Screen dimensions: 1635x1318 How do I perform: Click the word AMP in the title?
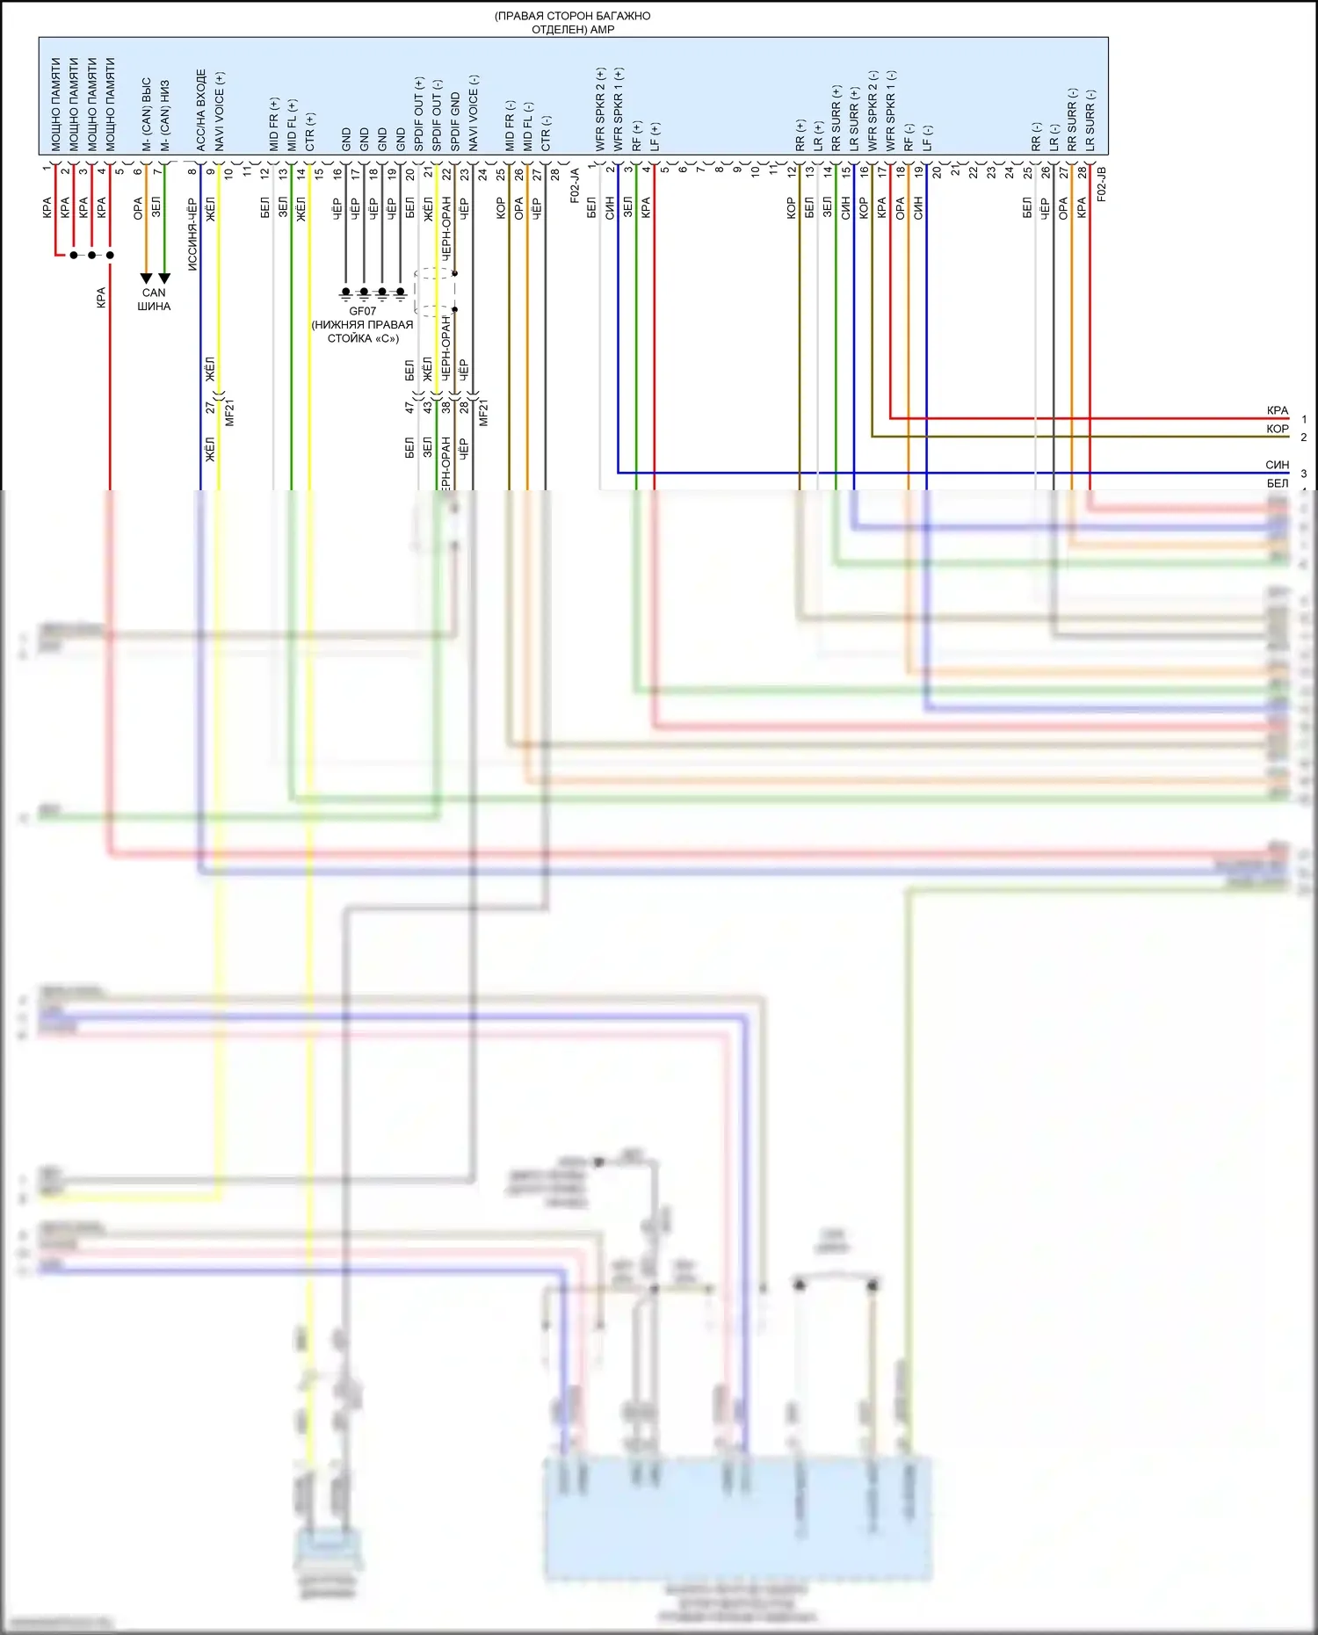(603, 30)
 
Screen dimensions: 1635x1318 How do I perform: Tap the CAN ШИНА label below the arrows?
(154, 300)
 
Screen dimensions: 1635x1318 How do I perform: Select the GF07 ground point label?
(362, 311)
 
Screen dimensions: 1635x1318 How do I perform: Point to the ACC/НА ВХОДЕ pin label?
(201, 110)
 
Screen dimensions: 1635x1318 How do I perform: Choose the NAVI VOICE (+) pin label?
(220, 110)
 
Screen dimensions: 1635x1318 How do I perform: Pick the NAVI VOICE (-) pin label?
(474, 112)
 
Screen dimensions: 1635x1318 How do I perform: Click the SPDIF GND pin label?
(455, 121)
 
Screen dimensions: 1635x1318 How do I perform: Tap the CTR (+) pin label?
(310, 131)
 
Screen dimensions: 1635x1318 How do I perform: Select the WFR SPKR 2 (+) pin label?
(601, 109)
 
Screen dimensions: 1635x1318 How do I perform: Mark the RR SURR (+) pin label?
(836, 118)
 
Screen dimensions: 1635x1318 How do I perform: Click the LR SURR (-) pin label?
(1090, 119)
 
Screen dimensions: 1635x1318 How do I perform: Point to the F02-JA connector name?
(575, 185)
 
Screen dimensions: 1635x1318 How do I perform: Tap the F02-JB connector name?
(1101, 184)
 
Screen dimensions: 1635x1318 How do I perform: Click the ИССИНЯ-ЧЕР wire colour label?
(192, 233)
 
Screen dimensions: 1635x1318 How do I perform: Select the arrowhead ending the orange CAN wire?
(147, 279)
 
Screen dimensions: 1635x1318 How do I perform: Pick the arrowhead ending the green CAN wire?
(164, 279)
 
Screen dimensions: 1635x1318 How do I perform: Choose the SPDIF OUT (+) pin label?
(419, 114)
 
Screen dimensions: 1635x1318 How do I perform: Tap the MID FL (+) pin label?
(292, 125)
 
